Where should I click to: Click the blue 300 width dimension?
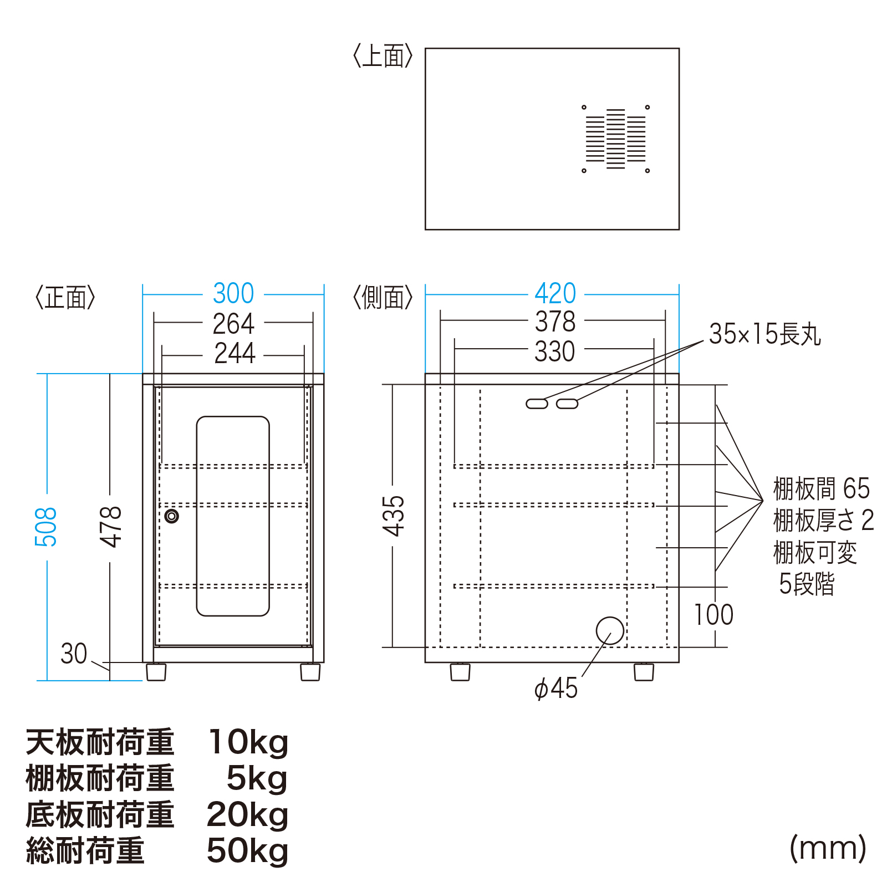click(233, 293)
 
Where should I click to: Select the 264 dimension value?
click(233, 324)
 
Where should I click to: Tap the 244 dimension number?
click(235, 353)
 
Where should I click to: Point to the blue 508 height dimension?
click(46, 527)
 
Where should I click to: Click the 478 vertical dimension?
click(111, 527)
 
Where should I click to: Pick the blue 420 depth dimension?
click(555, 293)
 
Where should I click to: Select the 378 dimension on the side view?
click(555, 322)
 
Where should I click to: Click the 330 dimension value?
click(555, 351)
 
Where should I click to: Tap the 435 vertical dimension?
click(394, 516)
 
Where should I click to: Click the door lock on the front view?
click(172, 516)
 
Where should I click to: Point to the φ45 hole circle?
click(610, 631)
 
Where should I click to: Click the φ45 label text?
click(555, 689)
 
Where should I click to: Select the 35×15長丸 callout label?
click(765, 334)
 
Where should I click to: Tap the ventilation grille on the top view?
click(615, 139)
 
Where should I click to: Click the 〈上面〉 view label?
click(383, 56)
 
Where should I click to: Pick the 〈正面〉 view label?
click(65, 298)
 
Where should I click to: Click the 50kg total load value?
click(248, 851)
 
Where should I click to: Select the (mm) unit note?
click(828, 848)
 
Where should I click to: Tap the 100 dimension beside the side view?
click(714, 615)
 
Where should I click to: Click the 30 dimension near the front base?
click(74, 654)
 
